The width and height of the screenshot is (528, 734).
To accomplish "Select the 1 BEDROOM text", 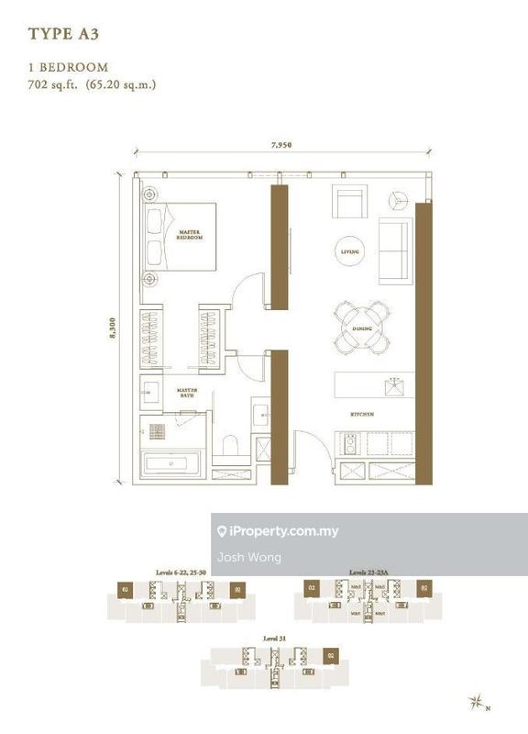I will [69, 67].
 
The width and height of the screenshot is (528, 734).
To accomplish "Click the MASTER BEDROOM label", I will [190, 235].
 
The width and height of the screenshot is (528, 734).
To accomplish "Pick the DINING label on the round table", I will [360, 328].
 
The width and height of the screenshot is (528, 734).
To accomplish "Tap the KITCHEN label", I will [362, 414].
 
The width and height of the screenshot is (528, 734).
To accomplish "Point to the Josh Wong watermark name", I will [236, 557].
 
